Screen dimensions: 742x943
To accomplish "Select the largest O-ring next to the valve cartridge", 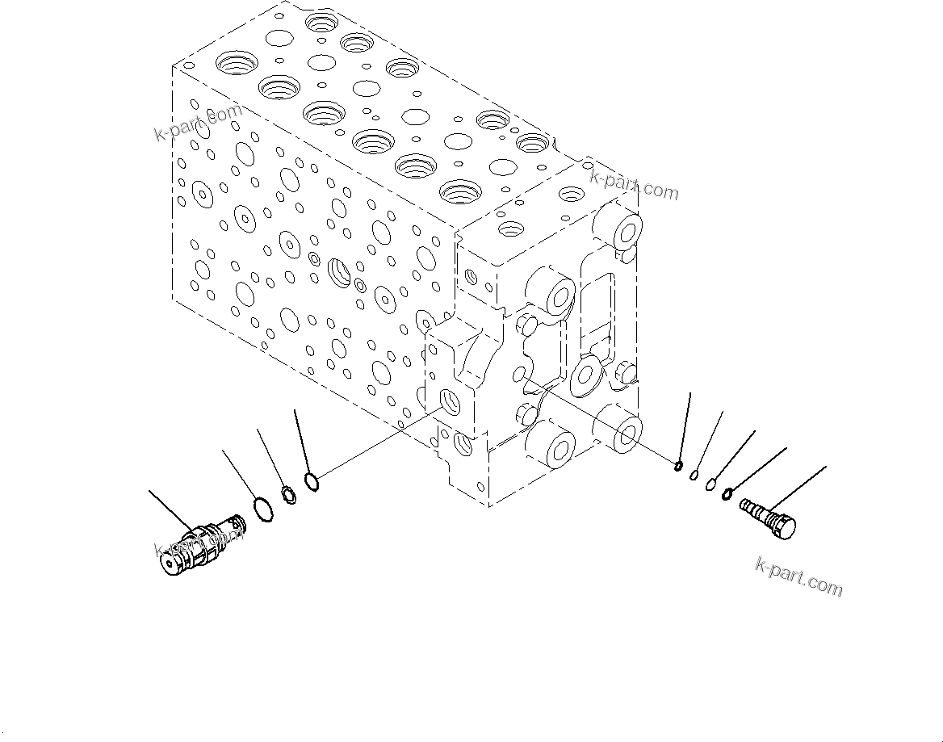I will (261, 509).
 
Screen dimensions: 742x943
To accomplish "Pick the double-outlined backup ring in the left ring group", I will (287, 494).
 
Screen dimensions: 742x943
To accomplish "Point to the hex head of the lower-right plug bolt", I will (782, 525).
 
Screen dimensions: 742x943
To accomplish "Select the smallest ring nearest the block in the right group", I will (679, 465).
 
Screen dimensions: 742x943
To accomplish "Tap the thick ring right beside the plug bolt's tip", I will (727, 493).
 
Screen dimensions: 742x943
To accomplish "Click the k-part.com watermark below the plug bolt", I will (798, 576).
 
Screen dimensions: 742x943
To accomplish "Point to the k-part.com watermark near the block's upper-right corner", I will (634, 185).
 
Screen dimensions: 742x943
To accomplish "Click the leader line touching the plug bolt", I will (799, 488).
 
